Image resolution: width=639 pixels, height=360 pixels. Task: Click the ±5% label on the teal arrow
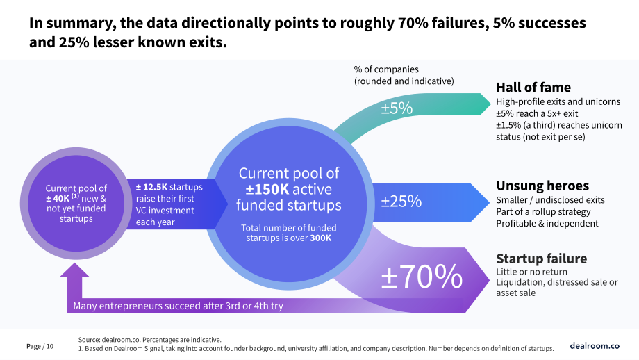[397, 108]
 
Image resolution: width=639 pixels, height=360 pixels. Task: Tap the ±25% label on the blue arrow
[401, 201]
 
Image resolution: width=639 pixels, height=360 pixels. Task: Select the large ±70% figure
[422, 277]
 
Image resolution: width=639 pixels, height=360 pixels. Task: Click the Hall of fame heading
[533, 88]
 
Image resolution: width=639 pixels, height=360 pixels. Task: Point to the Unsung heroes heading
[542, 186]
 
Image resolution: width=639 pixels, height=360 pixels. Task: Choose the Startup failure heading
[541, 259]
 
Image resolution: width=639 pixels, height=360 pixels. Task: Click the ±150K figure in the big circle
[267, 189]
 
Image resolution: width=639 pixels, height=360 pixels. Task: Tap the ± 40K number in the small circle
[58, 199]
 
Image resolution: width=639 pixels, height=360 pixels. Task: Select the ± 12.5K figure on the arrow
[151, 187]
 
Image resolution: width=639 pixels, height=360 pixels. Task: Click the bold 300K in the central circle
[321, 238]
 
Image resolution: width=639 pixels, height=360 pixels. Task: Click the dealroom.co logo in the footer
[595, 345]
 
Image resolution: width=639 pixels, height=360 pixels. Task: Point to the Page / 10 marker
[40, 347]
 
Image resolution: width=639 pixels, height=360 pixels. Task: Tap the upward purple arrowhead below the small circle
[74, 270]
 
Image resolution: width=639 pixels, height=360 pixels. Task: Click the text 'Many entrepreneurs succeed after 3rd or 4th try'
[178, 306]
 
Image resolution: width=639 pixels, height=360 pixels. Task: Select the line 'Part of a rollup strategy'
[543, 212]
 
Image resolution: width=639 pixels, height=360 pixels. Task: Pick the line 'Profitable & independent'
[547, 223]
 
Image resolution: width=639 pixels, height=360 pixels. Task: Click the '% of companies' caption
[386, 69]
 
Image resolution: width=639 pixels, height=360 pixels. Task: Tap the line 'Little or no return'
[531, 272]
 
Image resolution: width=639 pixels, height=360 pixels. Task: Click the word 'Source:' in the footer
[89, 340]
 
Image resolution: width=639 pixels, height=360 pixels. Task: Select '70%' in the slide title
[413, 23]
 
